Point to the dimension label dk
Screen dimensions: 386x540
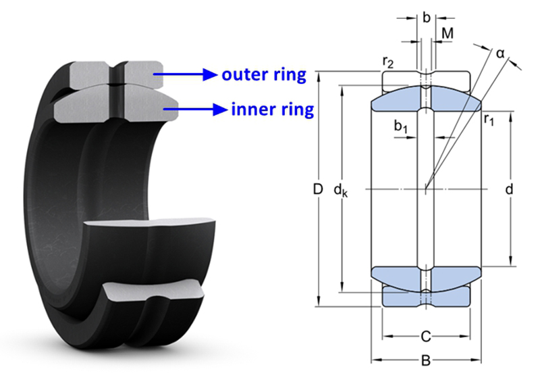(x=340, y=191)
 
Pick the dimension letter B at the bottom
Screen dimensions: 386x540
(x=425, y=361)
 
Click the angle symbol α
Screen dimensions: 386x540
(x=501, y=53)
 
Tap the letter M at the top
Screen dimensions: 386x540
(x=447, y=34)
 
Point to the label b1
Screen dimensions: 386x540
(x=401, y=126)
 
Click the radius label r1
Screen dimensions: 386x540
(x=489, y=120)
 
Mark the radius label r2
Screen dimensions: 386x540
(x=388, y=63)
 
